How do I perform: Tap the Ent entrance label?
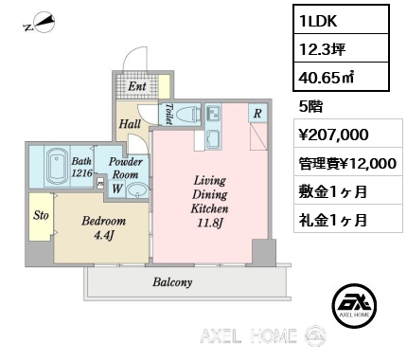[x=137, y=86]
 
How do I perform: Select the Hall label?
[x=130, y=124]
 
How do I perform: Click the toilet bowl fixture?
[x=187, y=115]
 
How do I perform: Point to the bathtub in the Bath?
[x=57, y=167]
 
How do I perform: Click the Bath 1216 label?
[x=81, y=167]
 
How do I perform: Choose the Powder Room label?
[x=126, y=168]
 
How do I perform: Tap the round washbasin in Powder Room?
[x=137, y=190]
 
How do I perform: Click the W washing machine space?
[x=117, y=189]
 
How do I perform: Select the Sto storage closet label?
[x=41, y=215]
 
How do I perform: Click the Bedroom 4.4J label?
[x=104, y=227]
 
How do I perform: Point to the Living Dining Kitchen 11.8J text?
[x=210, y=202]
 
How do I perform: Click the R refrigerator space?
[x=257, y=114]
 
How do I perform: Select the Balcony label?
[x=172, y=282]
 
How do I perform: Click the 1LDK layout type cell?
[x=341, y=20]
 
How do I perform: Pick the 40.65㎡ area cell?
[x=341, y=77]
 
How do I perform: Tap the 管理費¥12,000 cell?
[x=348, y=163]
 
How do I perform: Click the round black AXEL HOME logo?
[x=354, y=305]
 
